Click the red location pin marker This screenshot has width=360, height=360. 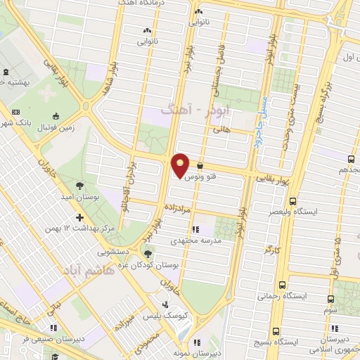[181, 165]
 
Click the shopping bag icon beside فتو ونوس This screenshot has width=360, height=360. [201, 167]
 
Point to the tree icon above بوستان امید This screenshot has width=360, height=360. [79, 186]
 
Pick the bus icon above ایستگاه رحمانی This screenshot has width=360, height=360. [282, 285]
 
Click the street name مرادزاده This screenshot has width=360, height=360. [179, 209]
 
